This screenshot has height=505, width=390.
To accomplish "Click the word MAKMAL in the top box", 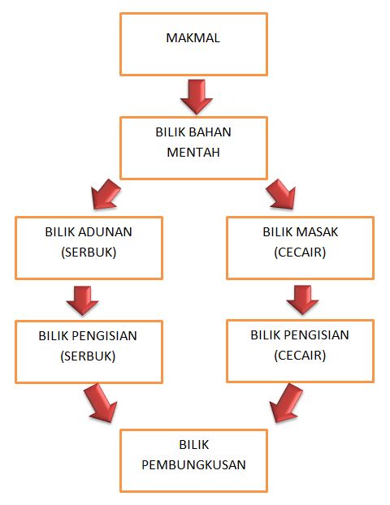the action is [193, 38].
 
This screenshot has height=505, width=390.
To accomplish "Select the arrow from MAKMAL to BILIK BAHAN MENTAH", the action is [197, 97].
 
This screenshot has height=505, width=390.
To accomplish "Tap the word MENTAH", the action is [193, 153].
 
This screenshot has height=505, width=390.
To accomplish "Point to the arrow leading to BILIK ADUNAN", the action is [106, 194].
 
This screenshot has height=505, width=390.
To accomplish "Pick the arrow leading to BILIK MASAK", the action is [281, 194].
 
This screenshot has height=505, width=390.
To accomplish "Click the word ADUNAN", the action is [106, 232].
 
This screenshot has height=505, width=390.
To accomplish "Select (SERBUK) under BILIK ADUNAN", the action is [89, 252].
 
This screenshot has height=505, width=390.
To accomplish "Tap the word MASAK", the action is [317, 232].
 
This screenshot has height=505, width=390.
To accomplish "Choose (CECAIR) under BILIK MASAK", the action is [300, 252].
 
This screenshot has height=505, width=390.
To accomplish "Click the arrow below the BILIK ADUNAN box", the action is [82, 300].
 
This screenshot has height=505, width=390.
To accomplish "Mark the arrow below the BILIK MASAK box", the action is [302, 300].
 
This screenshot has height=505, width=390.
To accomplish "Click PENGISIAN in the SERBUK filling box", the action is [104, 336].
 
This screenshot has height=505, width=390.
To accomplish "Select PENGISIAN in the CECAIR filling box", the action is [316, 335].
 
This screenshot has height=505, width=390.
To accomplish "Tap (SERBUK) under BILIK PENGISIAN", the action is [88, 356].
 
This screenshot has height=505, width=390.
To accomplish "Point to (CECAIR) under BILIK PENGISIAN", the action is [300, 356].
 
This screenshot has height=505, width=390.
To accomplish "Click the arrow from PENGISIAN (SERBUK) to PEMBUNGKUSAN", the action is [101, 403].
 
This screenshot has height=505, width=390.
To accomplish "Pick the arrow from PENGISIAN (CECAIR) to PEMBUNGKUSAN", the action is [286, 403].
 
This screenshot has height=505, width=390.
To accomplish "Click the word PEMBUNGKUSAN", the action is [193, 464].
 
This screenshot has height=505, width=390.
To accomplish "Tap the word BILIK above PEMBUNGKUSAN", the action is [193, 445].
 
